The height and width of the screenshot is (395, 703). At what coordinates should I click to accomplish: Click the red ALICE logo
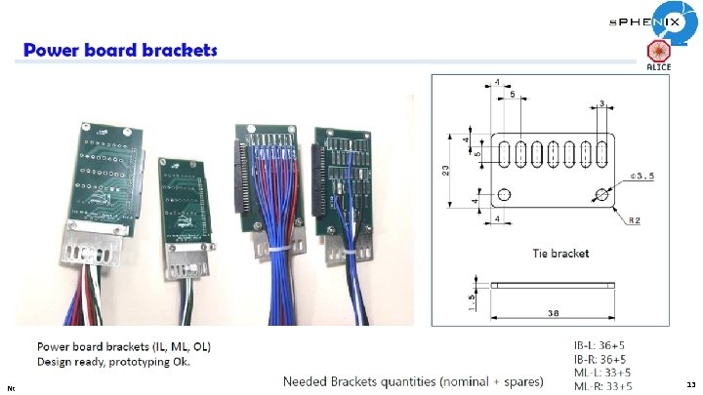pos(658,55)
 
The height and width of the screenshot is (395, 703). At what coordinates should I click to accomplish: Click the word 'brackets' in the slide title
pos(176,50)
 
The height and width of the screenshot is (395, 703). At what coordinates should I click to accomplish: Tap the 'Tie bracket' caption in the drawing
pos(559,254)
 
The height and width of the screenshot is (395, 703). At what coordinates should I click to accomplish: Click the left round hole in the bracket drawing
pos(504,195)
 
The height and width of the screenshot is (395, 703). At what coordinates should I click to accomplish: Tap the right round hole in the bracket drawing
pos(601,195)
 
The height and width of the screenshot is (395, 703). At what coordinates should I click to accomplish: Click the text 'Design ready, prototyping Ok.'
pos(112,362)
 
